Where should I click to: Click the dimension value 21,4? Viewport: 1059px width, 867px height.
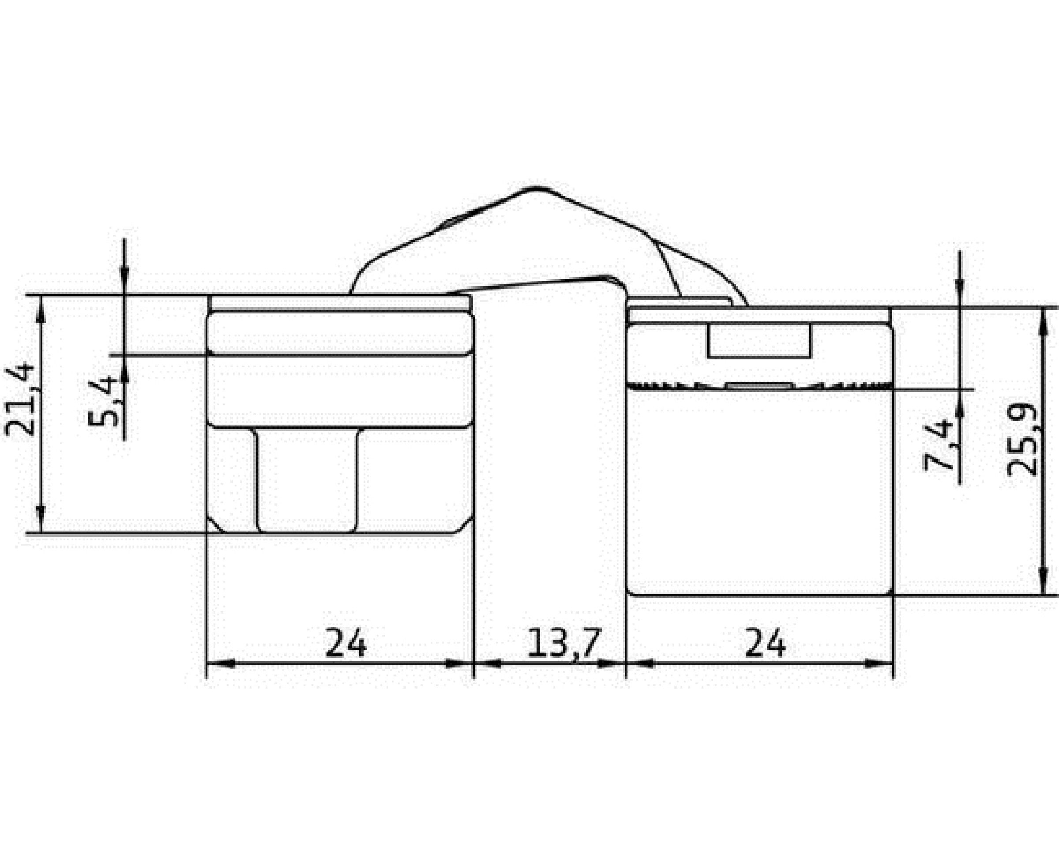pos(20,400)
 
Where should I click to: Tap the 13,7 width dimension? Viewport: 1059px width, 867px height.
pos(563,643)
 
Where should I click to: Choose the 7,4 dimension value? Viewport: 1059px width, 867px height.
pos(939,446)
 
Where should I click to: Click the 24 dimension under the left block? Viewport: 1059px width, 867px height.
pos(346,643)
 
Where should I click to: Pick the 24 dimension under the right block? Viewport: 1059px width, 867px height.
pos(766,643)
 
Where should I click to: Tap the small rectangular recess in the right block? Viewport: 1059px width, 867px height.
pos(759,341)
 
